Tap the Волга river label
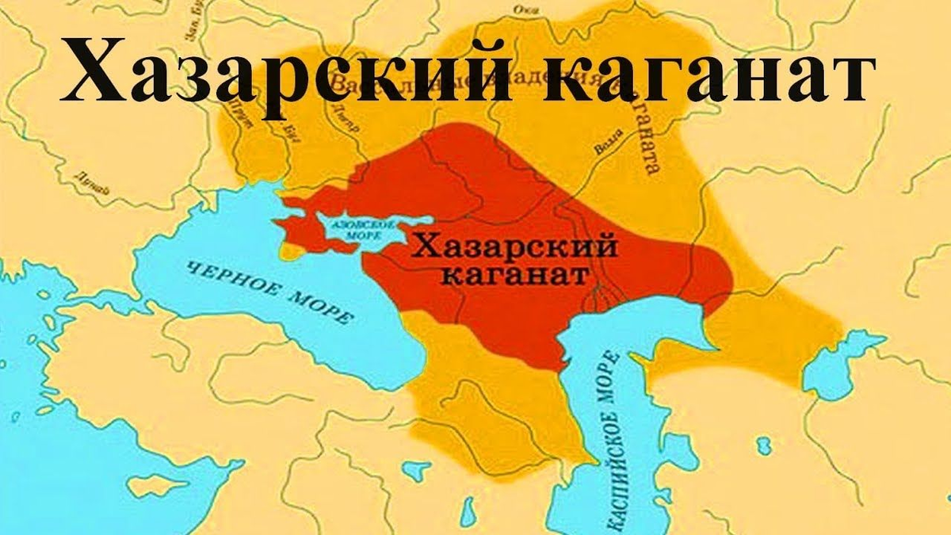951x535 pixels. (x=604, y=147)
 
